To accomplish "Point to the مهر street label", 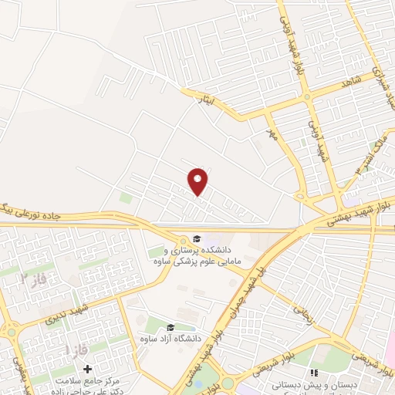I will tap(271, 135).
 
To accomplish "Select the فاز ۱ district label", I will tap(75, 349).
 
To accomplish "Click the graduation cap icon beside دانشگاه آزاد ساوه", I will tap(170, 327).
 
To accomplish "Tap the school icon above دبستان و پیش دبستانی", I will tap(314, 373).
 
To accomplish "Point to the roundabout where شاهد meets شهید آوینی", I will tap(308, 97).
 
